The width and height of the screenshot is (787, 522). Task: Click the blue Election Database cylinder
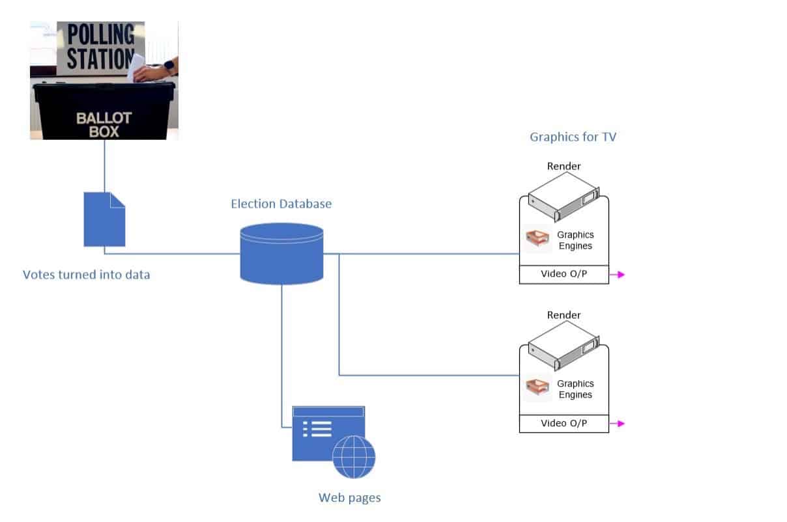pos(281,253)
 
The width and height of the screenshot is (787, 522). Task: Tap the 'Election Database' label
pos(281,204)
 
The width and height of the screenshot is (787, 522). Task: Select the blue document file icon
pos(104,219)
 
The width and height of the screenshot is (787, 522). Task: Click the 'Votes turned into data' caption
pos(87,275)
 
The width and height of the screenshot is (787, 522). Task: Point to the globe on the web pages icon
pos(354,457)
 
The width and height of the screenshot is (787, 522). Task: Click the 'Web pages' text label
pos(349,498)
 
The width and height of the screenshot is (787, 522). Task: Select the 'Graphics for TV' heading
pos(573,137)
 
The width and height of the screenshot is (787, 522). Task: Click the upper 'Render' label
pos(564,166)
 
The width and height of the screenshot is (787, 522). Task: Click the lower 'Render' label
pos(564,315)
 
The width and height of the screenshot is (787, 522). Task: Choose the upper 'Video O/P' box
pos(564,274)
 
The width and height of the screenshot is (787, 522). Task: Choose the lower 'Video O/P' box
pos(564,423)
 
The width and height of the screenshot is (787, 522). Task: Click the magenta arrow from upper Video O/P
pos(617,275)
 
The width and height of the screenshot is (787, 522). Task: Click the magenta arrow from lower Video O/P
pos(617,424)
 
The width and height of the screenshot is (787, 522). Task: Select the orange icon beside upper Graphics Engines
pos(538,240)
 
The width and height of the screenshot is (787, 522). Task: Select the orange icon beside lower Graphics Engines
pos(538,389)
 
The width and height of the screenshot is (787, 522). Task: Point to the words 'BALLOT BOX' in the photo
pos(104,124)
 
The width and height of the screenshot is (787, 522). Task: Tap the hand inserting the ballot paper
pos(156,72)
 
